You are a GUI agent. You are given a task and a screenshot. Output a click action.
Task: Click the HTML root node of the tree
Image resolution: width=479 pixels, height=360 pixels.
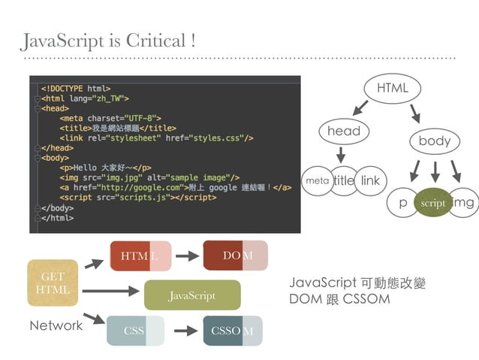click(x=392, y=89)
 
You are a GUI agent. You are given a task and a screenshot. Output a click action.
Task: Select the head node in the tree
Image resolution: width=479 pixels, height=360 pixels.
click(x=344, y=131)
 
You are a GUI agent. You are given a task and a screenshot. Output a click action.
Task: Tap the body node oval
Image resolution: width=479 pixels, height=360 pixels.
click(x=434, y=141)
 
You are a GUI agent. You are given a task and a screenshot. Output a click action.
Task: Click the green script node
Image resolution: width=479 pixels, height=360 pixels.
click(x=433, y=203)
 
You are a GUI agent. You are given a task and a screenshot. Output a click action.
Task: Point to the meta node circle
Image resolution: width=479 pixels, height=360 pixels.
click(x=316, y=181)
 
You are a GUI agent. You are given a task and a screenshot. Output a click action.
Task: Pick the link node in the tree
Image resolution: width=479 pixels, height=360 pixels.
click(x=370, y=181)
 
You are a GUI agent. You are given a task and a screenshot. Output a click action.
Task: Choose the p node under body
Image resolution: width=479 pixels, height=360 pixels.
click(x=402, y=203)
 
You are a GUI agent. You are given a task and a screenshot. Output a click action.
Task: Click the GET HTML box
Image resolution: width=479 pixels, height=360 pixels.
click(x=53, y=283)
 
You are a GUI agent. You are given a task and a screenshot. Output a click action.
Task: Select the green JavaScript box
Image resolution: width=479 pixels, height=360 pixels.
click(x=191, y=295)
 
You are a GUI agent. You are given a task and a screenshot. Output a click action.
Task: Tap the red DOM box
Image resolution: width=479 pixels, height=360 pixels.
click(x=235, y=256)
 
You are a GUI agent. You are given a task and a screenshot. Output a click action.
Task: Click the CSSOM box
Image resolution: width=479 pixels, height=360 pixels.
click(x=233, y=331)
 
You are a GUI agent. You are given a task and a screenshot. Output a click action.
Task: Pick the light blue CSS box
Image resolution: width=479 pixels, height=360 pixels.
click(x=135, y=331)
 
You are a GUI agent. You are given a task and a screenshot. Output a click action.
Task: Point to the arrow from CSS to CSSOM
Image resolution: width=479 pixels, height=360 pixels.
click(x=185, y=331)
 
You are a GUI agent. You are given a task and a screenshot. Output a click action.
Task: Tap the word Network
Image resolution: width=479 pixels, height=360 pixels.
click(x=56, y=325)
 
